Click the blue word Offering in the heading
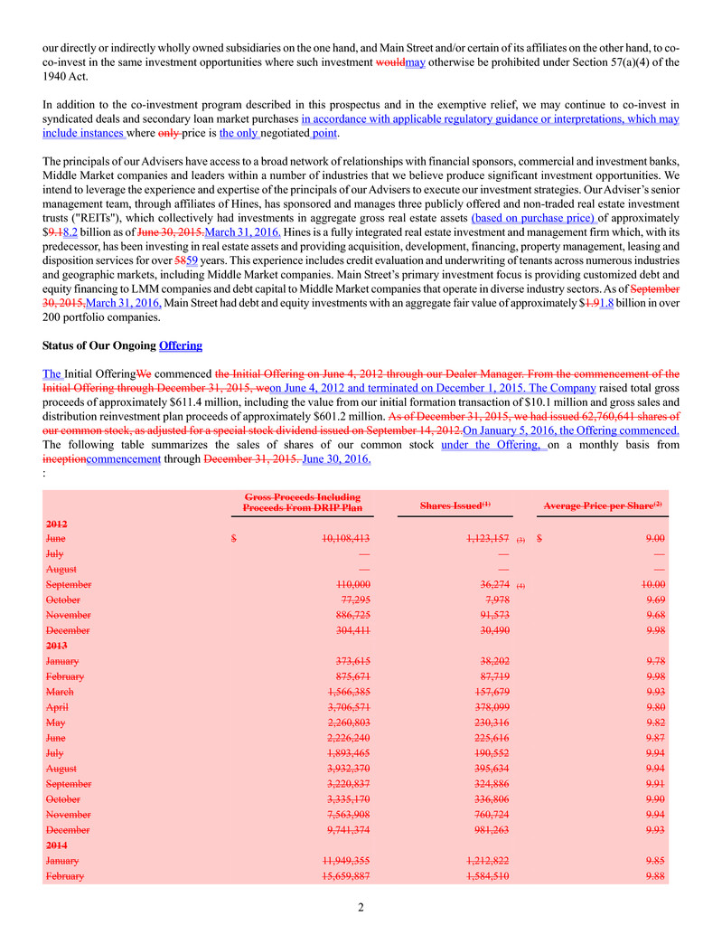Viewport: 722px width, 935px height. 181,345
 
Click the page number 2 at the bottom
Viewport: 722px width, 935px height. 361,908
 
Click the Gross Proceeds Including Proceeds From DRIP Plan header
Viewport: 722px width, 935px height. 303,503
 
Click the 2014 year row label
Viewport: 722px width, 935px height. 55,845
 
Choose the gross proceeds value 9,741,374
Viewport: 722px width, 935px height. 341,829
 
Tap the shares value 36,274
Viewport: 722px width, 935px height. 491,585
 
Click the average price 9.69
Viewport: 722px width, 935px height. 657,600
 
